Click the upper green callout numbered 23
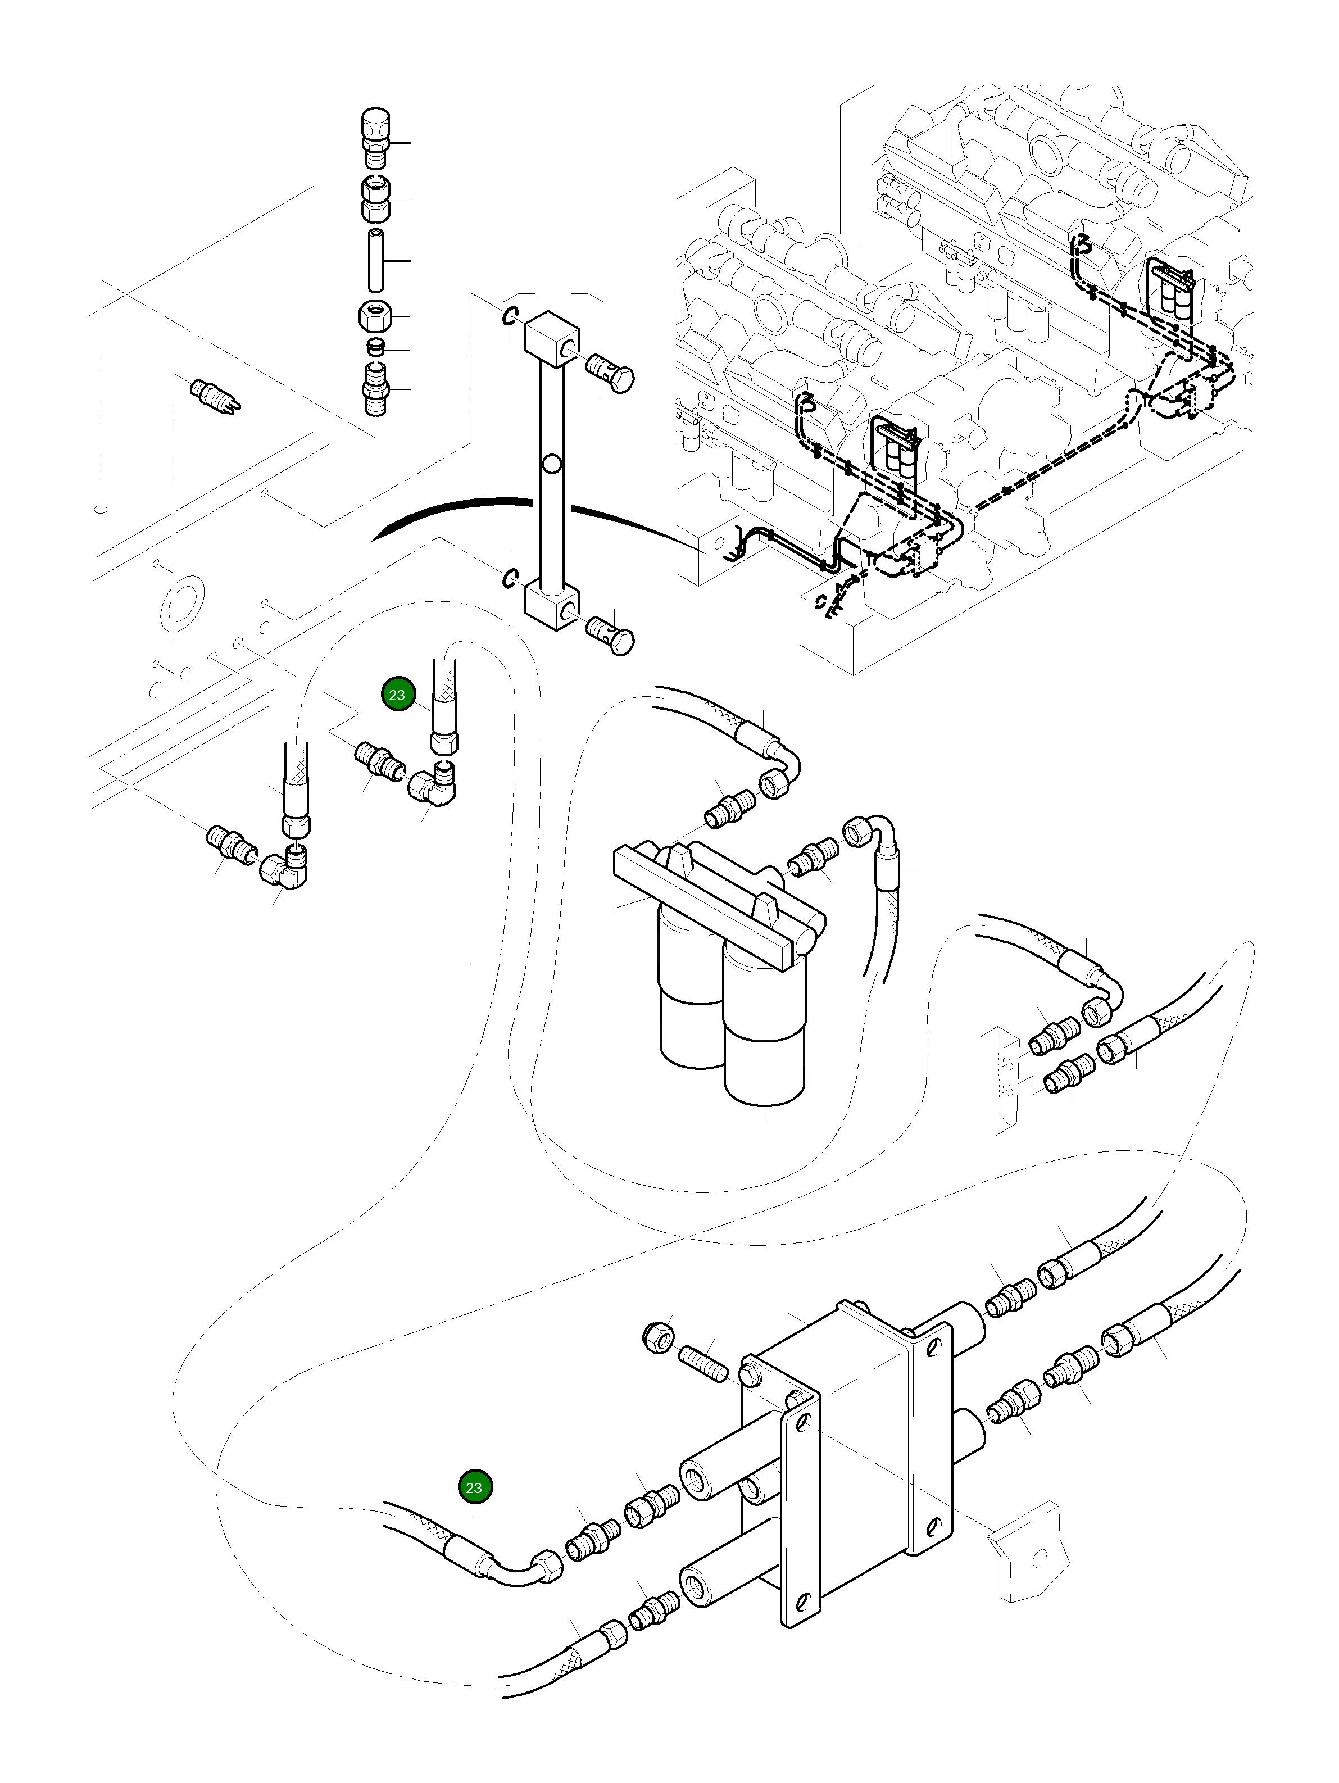click(x=397, y=695)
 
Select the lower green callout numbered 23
click(x=474, y=1487)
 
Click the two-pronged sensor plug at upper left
click(x=215, y=397)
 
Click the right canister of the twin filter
click(x=764, y=1032)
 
